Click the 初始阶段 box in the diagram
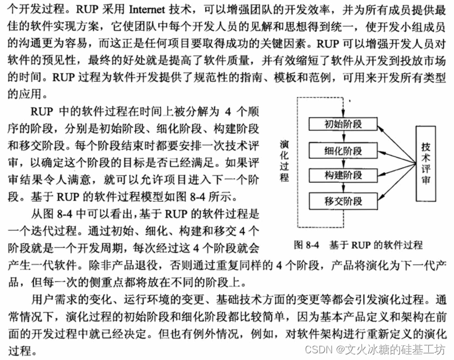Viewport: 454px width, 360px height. point(343,125)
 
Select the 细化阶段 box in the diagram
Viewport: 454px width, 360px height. point(343,150)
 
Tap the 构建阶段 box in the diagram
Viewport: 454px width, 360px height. point(343,176)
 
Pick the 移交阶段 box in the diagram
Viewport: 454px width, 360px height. point(343,201)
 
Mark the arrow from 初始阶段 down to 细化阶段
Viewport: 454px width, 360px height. point(342,138)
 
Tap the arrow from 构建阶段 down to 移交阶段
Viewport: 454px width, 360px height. point(342,188)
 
